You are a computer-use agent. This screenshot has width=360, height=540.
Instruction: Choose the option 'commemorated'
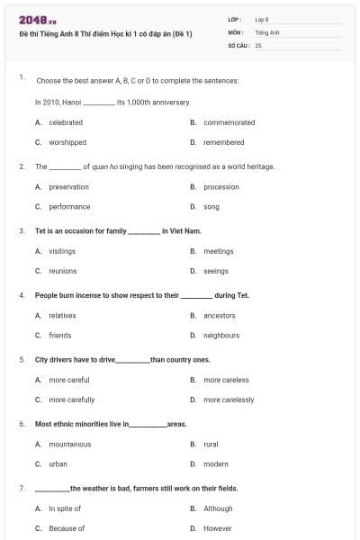(229, 122)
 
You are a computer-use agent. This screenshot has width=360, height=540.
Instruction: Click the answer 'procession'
(221, 187)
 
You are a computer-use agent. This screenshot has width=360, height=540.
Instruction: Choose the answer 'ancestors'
(220, 316)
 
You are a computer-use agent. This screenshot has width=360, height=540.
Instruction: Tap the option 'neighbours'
(221, 336)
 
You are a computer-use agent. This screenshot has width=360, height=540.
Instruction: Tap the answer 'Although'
(218, 508)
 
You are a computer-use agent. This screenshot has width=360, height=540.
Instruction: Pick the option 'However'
(218, 528)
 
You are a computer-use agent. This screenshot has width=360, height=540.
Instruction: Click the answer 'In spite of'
(65, 508)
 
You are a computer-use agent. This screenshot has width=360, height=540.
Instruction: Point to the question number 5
(22, 360)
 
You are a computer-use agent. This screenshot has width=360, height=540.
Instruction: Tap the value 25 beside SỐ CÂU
(258, 45)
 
